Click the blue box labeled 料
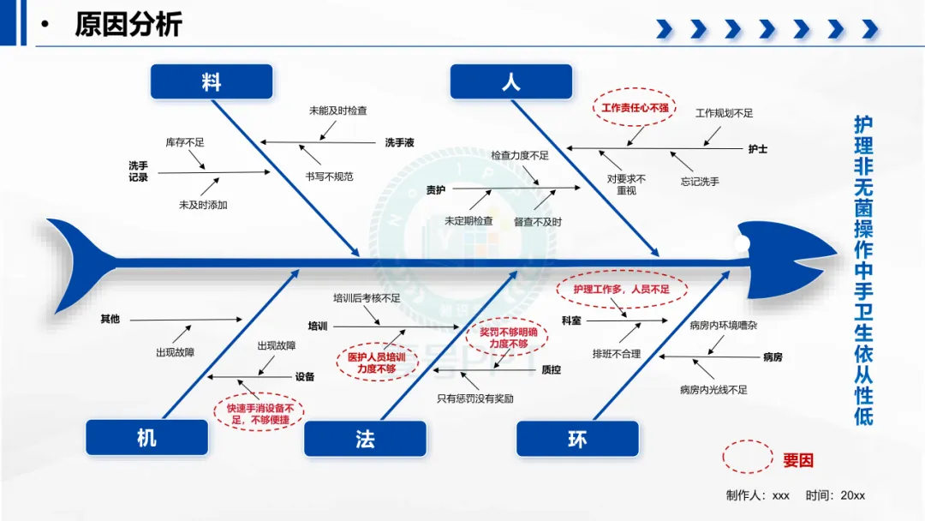click(x=212, y=81)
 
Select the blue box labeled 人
click(x=510, y=81)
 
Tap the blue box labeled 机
click(x=147, y=437)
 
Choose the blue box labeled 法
click(x=365, y=439)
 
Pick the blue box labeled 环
click(x=577, y=439)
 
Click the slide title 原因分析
click(x=128, y=24)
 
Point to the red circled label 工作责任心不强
click(x=635, y=108)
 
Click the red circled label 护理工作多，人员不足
click(x=622, y=289)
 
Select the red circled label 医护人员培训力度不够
click(x=376, y=362)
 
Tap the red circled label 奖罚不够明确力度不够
click(x=508, y=338)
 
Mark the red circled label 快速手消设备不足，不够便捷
click(x=260, y=414)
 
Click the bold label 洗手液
click(x=399, y=142)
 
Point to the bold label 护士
click(x=757, y=149)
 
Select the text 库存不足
click(x=185, y=142)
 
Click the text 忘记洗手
click(x=700, y=182)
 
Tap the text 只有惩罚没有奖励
click(x=474, y=398)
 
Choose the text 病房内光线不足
click(x=713, y=389)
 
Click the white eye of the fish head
click(x=742, y=243)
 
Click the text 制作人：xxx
click(x=757, y=495)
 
